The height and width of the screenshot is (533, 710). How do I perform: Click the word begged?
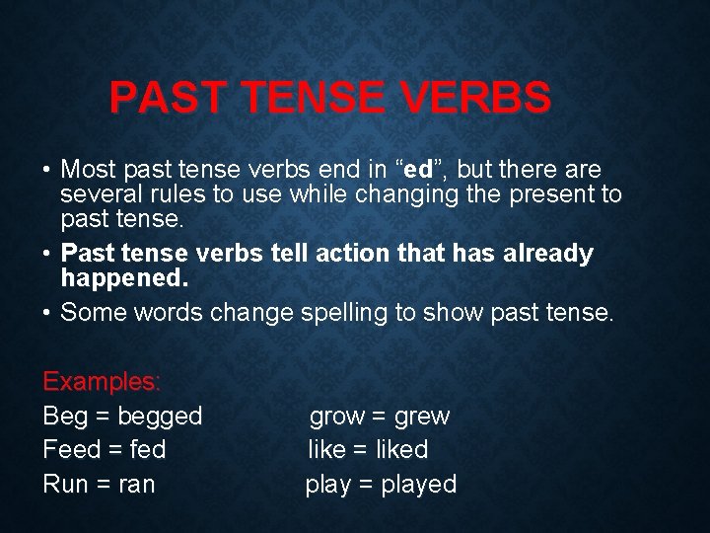158,417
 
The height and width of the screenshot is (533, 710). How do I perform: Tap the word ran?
134,485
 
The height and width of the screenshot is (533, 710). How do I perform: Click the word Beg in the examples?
63,417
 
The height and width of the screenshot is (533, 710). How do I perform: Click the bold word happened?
123,279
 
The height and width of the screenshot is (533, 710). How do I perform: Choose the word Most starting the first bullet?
90,169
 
